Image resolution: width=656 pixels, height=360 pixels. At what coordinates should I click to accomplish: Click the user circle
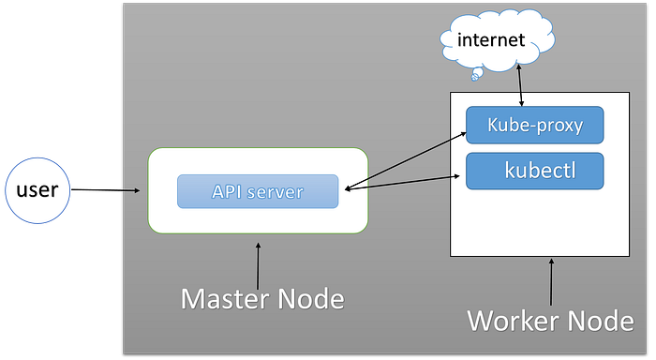(x=37, y=190)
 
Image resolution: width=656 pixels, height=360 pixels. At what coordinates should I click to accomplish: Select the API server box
(x=258, y=191)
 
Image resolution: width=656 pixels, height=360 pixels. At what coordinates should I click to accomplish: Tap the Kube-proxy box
(x=535, y=125)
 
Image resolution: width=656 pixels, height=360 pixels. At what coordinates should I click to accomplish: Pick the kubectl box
(x=535, y=171)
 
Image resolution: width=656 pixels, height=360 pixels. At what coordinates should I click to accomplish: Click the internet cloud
(x=498, y=39)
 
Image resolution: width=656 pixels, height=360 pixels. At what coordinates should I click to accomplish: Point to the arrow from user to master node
(x=105, y=190)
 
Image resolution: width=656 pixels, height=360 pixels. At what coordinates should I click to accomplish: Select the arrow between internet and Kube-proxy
(x=520, y=84)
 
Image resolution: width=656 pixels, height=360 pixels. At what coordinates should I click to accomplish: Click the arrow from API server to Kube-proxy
(x=406, y=161)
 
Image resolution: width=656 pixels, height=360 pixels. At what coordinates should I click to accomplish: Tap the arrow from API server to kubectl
(x=402, y=183)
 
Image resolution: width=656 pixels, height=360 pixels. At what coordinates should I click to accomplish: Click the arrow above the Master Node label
(x=258, y=266)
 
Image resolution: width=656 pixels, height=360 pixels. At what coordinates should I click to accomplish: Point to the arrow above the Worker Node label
(x=551, y=282)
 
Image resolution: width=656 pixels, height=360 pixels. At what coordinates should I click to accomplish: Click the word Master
(x=225, y=299)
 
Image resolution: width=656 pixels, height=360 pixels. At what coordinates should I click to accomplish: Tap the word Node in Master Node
(x=311, y=299)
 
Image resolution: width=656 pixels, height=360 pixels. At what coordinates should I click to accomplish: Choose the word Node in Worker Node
(x=601, y=321)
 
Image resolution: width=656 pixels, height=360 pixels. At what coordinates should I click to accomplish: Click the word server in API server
(x=275, y=192)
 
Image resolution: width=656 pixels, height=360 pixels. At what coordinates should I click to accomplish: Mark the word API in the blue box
(x=227, y=191)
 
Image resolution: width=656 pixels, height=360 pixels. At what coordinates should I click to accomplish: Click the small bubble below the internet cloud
(x=477, y=74)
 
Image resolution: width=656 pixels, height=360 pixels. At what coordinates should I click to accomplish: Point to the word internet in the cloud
(x=491, y=39)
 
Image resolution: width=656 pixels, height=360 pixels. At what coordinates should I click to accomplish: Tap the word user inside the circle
(x=37, y=190)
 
